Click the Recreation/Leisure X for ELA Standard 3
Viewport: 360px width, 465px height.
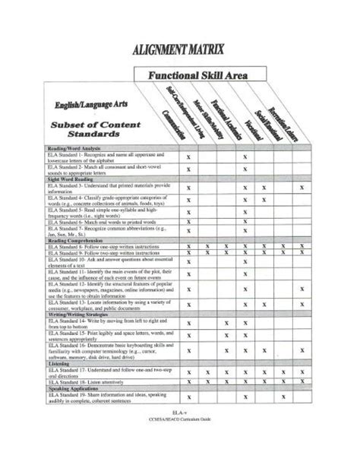click(x=302, y=187)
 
